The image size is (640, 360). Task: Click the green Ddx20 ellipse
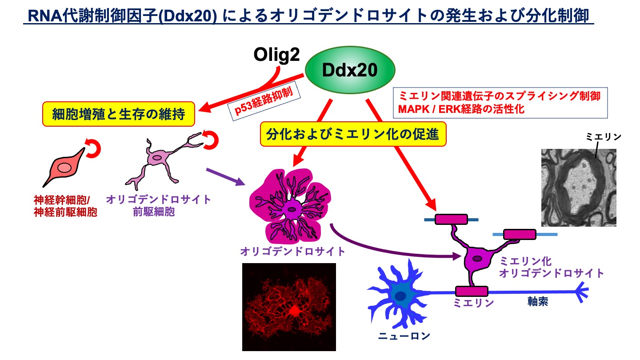click(350, 70)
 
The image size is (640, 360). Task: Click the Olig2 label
click(276, 55)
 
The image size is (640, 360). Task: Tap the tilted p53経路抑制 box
click(264, 101)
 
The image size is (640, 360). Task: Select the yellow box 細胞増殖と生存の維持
click(119, 114)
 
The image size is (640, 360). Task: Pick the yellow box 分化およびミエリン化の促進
click(353, 134)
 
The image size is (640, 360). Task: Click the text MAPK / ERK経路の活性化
click(461, 109)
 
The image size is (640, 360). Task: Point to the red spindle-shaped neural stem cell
click(64, 168)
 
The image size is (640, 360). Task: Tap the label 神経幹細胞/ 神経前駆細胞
click(65, 206)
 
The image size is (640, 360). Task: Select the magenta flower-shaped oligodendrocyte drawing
click(290, 206)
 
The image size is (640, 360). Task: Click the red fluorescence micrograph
click(289, 307)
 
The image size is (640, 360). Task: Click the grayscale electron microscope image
click(579, 188)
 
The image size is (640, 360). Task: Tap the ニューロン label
click(404, 336)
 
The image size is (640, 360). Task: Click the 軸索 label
click(537, 302)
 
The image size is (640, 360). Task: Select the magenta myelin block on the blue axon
click(472, 291)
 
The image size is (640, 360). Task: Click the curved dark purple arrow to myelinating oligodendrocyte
click(380, 249)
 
